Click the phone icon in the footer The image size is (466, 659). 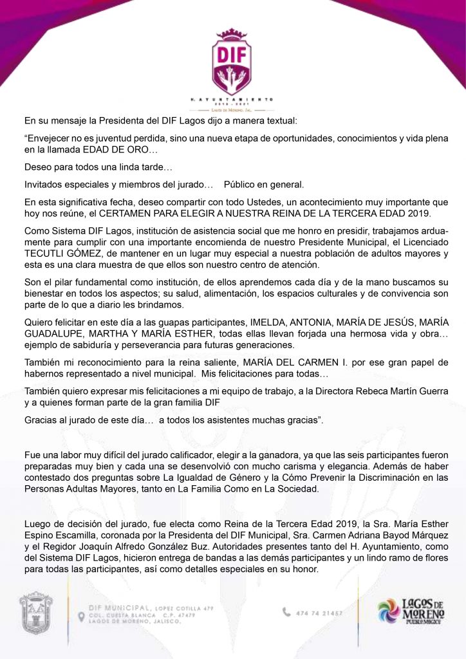[286, 612]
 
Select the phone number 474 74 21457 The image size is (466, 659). [320, 613]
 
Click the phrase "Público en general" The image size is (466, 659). [263, 185]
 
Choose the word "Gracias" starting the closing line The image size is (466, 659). [42, 420]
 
